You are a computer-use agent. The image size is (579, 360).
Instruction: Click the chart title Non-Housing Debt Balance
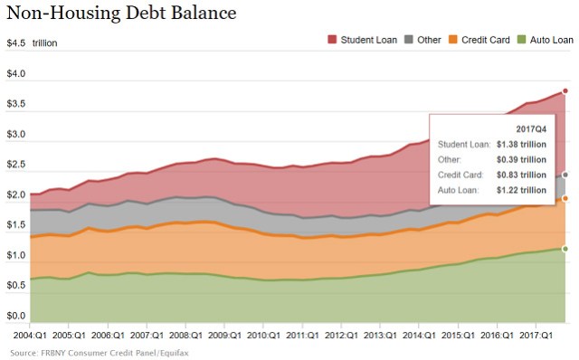tap(122, 14)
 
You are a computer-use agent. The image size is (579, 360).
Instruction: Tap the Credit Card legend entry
tap(483, 41)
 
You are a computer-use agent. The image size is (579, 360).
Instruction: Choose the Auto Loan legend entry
tap(546, 41)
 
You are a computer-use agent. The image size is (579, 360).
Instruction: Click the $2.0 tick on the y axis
tap(15, 195)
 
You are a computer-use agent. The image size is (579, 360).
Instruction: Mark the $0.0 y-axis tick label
tap(15, 317)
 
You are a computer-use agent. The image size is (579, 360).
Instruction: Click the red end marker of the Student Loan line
tap(565, 90)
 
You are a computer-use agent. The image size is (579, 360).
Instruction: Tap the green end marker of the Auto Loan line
tap(565, 248)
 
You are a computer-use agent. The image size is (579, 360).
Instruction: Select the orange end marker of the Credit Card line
tap(565, 198)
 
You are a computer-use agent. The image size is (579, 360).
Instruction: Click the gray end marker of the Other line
tap(565, 175)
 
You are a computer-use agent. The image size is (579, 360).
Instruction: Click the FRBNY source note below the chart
tap(89, 351)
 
